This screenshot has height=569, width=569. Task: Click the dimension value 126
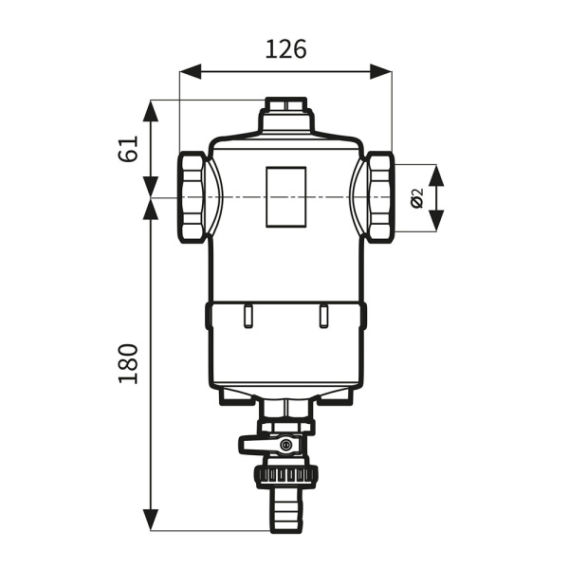click(286, 49)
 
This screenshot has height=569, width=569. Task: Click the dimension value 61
click(128, 149)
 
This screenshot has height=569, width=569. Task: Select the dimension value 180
click(128, 363)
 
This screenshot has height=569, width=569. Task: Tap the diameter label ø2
click(417, 198)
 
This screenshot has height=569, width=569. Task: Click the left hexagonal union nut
click(193, 197)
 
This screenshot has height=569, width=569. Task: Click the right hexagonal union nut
click(379, 197)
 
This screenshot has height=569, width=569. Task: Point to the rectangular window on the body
click(286, 197)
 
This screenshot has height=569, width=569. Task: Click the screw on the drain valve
click(286, 444)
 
